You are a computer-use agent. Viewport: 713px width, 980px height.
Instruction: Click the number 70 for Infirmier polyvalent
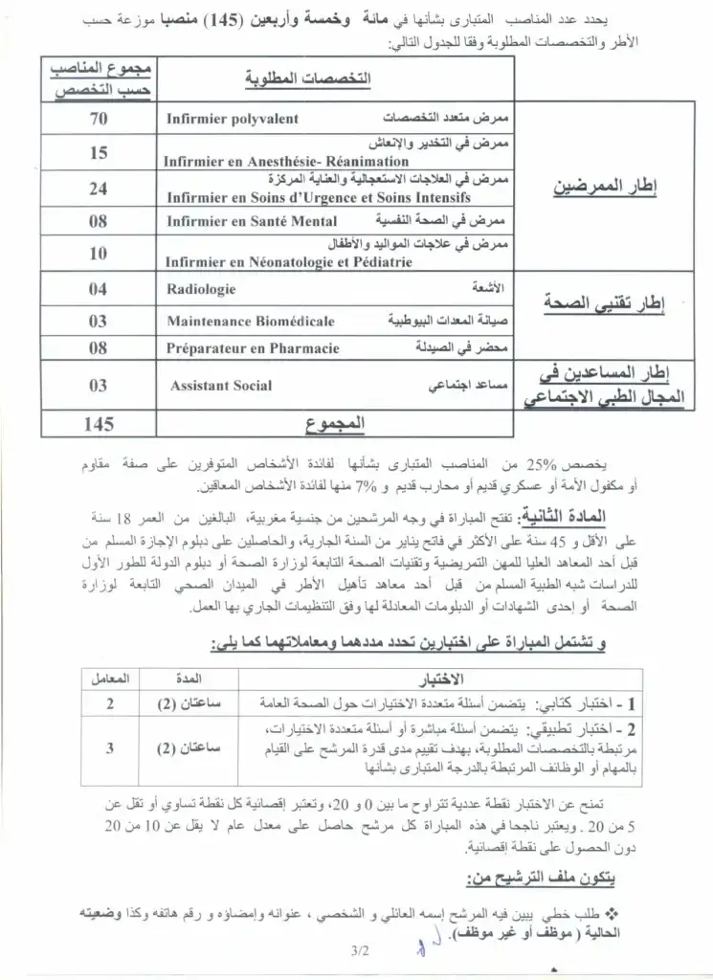98,120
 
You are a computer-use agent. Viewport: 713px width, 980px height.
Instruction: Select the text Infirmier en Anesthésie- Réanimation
273,162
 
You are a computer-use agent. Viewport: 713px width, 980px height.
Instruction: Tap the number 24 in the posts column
98,189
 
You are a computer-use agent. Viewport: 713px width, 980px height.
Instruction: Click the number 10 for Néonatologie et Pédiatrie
98,254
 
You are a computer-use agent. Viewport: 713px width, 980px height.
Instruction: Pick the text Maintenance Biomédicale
251,322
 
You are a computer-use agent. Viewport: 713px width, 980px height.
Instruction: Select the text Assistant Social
220,386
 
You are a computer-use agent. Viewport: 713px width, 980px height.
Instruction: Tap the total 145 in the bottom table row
98,424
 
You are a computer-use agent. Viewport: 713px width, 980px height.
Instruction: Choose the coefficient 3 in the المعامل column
109,749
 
